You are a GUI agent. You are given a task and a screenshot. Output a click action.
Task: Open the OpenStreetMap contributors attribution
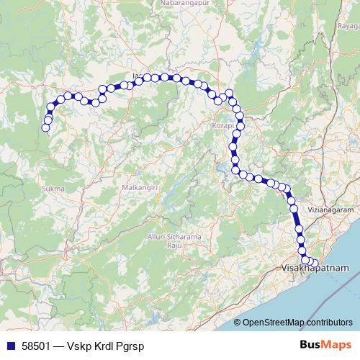coord(297,322)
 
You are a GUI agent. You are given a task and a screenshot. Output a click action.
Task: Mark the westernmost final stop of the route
coord(45,128)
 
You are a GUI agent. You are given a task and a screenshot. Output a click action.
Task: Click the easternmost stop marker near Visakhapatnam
coord(315,262)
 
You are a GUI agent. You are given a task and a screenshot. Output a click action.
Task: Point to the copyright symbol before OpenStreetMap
coord(238,322)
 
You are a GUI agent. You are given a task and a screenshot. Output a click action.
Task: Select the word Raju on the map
coord(173,246)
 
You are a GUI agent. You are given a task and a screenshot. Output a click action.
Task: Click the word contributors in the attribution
coord(329,322)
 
